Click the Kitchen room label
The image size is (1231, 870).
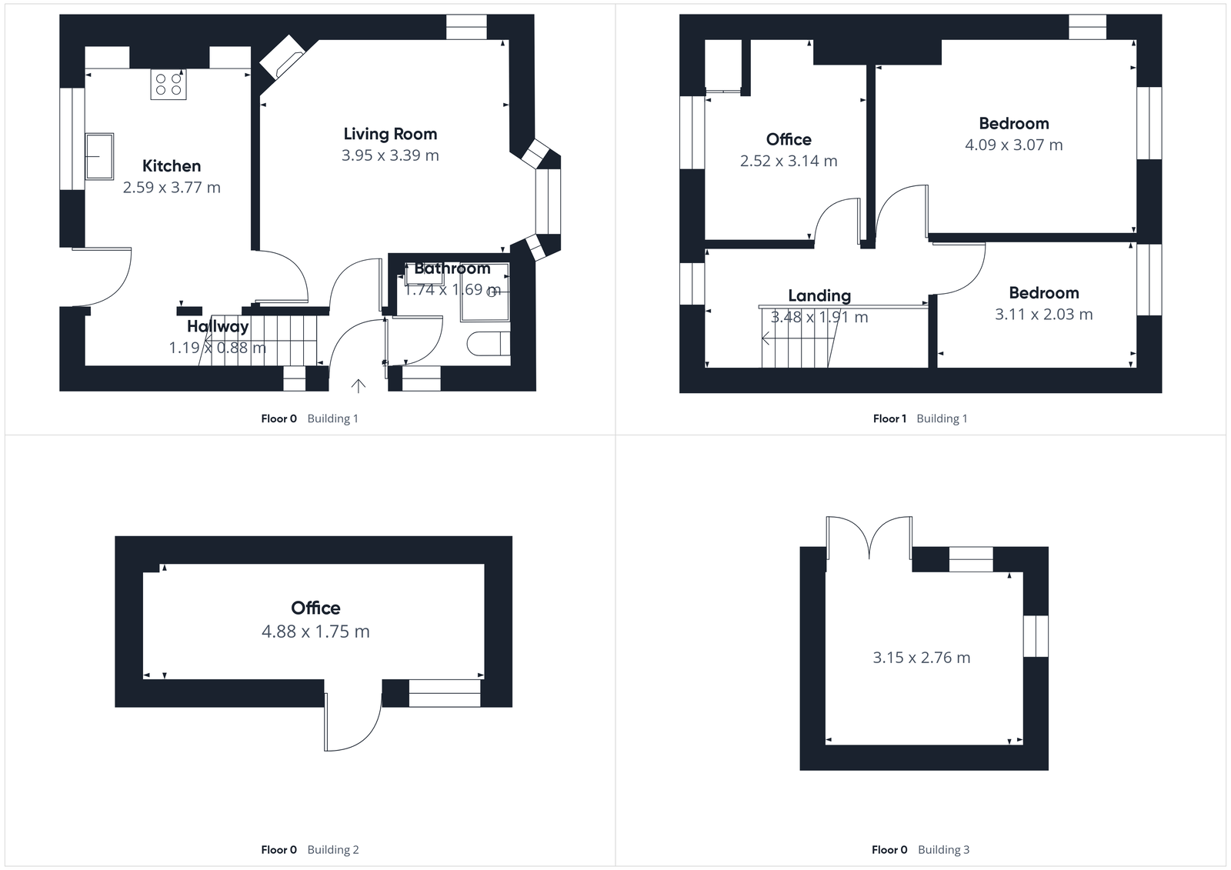172,166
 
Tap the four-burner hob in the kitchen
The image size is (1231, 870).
168,84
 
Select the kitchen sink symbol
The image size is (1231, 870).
99,156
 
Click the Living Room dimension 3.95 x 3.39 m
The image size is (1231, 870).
390,155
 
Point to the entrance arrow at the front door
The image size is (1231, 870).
359,385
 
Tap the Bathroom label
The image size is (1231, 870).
452,268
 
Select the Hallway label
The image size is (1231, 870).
218,326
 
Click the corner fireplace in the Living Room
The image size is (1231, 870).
282,57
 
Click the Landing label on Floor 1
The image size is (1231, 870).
819,295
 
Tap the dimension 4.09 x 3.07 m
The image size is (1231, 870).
1013,145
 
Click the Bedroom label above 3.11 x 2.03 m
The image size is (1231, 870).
1043,293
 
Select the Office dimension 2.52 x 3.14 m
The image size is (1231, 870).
789,161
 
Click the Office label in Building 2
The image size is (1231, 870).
315,608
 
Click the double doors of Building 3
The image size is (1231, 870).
869,537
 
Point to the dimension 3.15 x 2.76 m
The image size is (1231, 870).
921,658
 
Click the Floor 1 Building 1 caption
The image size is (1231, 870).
919,418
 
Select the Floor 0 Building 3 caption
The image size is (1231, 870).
919,849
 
